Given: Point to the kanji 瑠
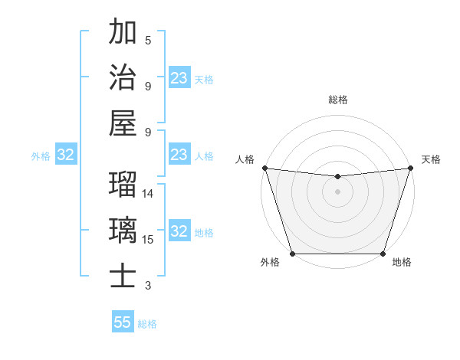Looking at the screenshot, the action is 123,185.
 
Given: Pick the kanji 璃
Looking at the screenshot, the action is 123,229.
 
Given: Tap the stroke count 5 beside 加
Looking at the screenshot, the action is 148,41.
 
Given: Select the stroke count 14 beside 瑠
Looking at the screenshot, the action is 148,194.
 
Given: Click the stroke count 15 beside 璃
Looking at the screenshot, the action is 148,239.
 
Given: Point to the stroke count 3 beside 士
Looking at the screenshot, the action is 148,286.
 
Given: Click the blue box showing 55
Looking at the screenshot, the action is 123,322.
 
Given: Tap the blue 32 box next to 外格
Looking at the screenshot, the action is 65,155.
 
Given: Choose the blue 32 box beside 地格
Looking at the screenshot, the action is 179,231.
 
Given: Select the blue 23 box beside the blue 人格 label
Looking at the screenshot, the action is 179,155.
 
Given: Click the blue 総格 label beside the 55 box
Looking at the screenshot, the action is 147,324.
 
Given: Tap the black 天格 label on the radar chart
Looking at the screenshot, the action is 431,159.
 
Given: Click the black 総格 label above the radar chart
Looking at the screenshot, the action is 337,100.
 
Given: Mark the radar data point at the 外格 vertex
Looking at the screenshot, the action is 292,254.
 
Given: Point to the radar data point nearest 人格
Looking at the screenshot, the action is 264,168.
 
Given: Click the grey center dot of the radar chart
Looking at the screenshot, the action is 337,191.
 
